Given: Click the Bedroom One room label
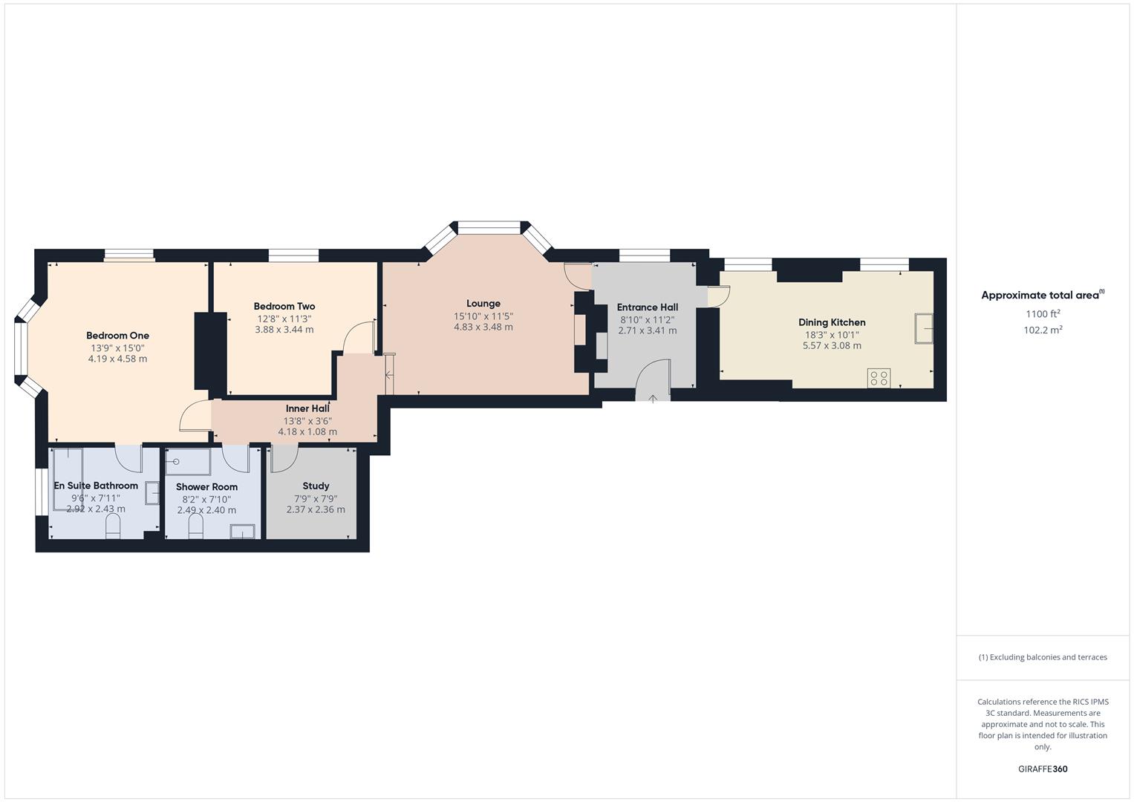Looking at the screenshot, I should [x=117, y=336].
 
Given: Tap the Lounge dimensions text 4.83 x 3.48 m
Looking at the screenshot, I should [x=483, y=327].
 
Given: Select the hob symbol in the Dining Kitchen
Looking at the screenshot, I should [x=879, y=378].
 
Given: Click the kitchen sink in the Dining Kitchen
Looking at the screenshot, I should [x=924, y=328].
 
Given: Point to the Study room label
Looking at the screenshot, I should [x=316, y=486].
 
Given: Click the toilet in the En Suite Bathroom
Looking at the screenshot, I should [x=113, y=527].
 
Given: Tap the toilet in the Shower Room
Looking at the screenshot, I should [x=196, y=527].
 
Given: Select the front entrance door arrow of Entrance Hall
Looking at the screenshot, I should [x=653, y=399].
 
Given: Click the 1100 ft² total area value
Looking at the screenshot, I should [x=1043, y=314].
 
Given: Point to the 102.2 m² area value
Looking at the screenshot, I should [x=1043, y=330].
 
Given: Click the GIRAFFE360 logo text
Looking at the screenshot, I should [x=1043, y=769].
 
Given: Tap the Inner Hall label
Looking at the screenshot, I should [x=307, y=408].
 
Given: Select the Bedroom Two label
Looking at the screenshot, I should [x=284, y=306].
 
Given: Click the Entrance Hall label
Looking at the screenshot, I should [x=648, y=307].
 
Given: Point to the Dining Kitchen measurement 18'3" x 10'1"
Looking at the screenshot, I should [x=832, y=334].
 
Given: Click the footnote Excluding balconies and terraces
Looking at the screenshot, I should [x=1043, y=657].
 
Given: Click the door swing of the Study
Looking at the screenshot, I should [x=282, y=459].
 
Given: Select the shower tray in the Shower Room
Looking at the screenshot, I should [x=188, y=462].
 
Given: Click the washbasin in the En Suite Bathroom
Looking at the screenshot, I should [x=152, y=493].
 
